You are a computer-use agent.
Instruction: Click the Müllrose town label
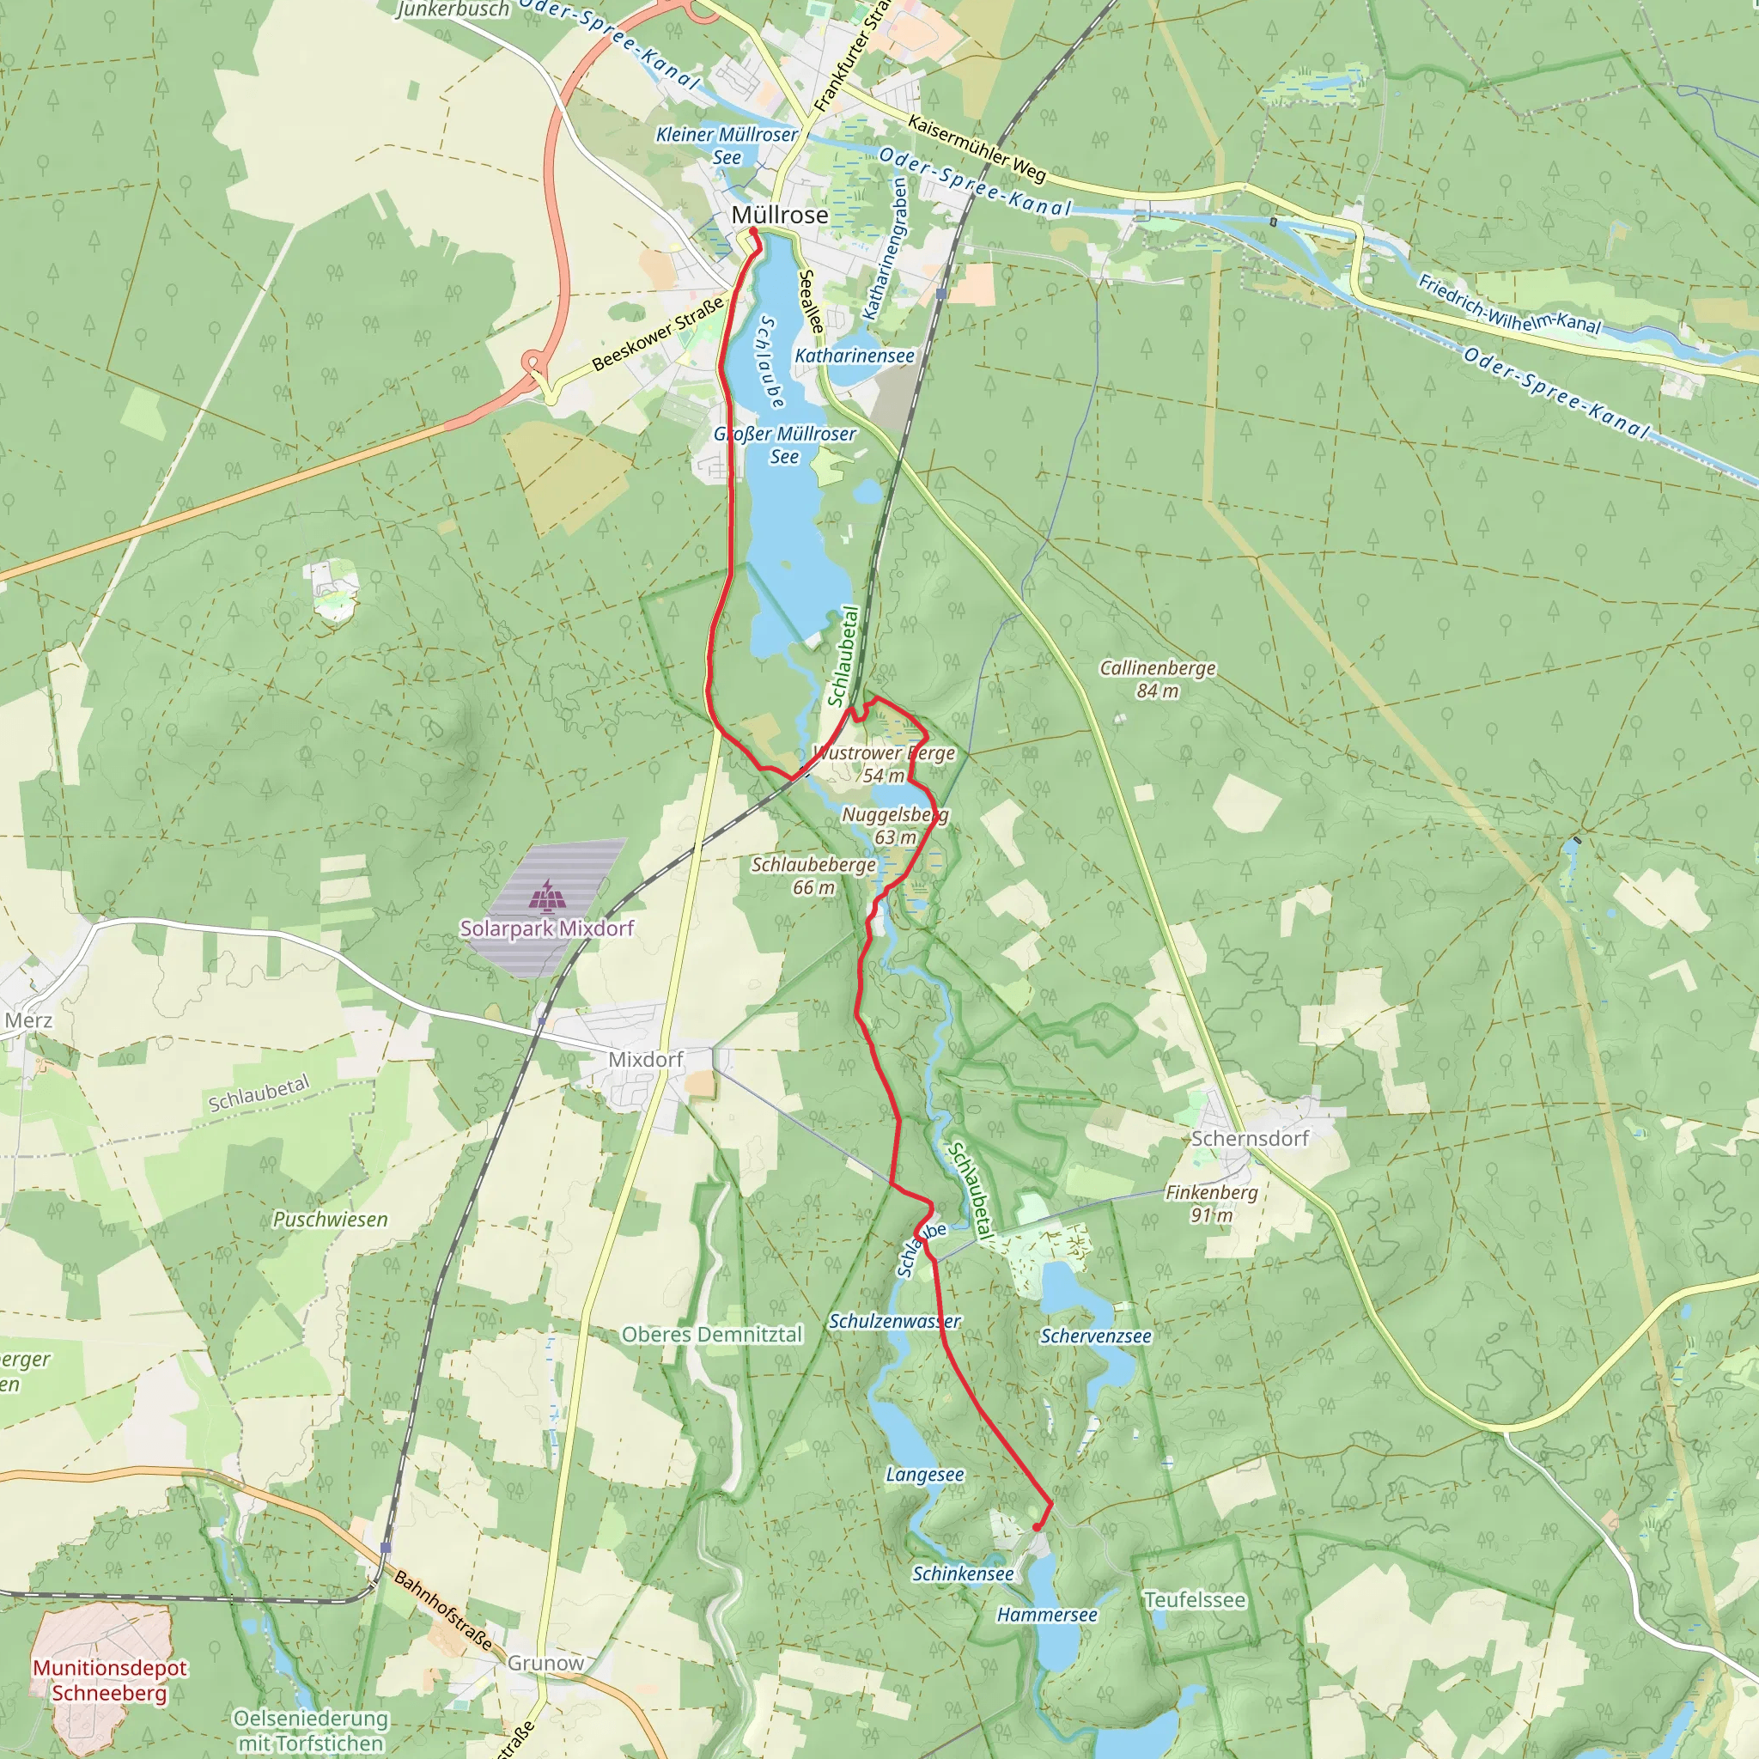tap(779, 215)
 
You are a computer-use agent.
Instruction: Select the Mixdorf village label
tap(646, 1060)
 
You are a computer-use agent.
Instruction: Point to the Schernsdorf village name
tap(1249, 1138)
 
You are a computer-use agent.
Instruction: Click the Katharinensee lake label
tap(854, 356)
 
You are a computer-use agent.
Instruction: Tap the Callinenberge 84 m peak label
tap(1157, 679)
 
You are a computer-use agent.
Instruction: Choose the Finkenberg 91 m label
tap(1211, 1203)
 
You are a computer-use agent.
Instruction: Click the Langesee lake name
tap(924, 1474)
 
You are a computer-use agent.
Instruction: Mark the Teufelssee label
tap(1195, 1599)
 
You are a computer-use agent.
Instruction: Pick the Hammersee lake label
tap(1046, 1616)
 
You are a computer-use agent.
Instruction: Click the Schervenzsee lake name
tap(1095, 1336)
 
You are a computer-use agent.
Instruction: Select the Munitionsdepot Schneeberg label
tap(109, 1681)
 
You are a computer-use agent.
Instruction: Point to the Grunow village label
tap(545, 1664)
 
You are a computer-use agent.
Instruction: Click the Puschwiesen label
tap(331, 1220)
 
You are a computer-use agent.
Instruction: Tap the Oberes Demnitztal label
tap(712, 1335)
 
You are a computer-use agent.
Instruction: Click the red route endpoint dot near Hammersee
tap(1037, 1528)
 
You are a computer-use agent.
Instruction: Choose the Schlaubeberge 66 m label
tap(813, 876)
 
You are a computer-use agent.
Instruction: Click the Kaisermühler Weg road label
tap(977, 148)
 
